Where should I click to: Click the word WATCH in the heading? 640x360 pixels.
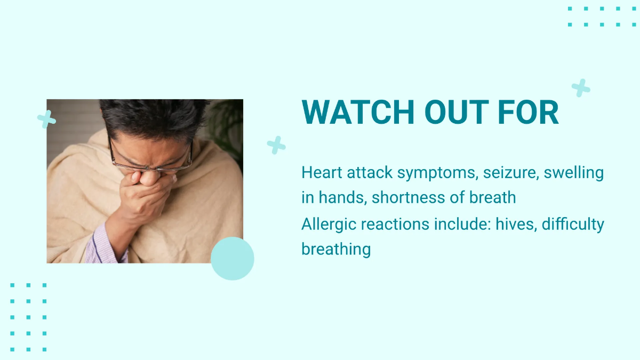point(358,112)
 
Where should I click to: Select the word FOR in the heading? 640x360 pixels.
point(529,112)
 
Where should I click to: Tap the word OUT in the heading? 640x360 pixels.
point(457,112)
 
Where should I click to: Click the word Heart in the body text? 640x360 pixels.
point(322,173)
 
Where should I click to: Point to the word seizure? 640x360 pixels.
point(509,173)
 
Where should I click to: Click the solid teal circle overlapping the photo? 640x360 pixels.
point(233,258)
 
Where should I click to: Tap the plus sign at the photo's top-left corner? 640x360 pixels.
point(46,119)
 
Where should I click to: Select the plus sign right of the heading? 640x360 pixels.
point(581,88)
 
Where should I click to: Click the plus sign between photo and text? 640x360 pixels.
point(276,145)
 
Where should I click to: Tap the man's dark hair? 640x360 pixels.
point(154,117)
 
